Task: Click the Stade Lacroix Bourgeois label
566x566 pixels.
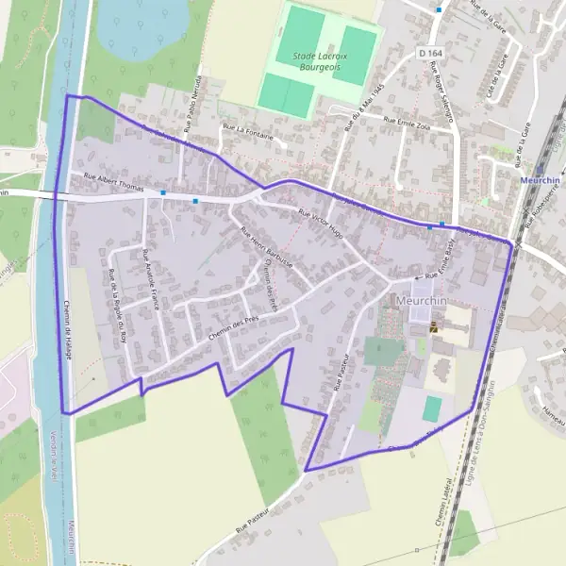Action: pyautogui.click(x=320, y=64)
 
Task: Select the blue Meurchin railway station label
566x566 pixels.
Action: pyautogui.click(x=541, y=178)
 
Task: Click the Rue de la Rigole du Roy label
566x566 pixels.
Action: pyautogui.click(x=119, y=305)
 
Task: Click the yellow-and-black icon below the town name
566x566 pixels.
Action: pyautogui.click(x=434, y=326)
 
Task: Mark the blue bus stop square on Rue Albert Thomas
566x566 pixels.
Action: pyautogui.click(x=163, y=193)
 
